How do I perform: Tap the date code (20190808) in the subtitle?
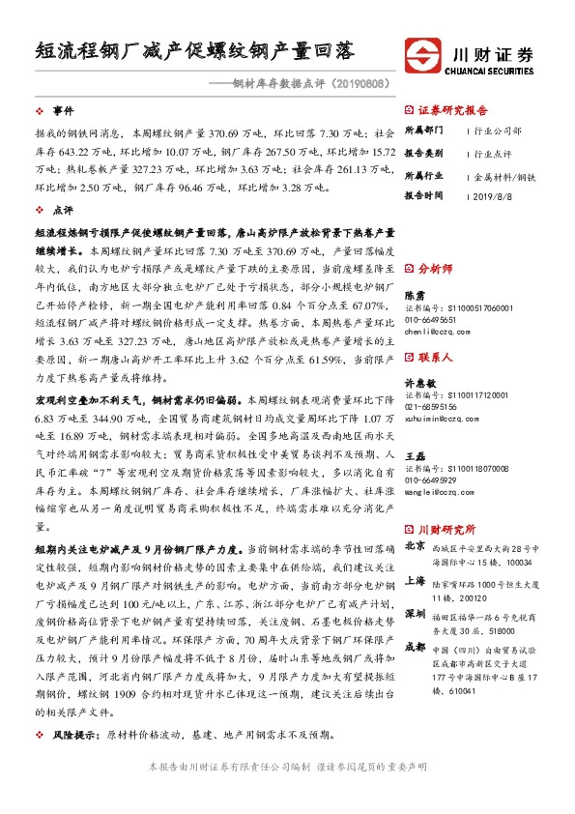[358, 84]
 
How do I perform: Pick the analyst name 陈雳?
[414, 295]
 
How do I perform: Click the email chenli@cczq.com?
[436, 331]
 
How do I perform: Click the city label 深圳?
[414, 614]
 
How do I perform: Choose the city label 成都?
[414, 648]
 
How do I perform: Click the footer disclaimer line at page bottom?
[287, 794]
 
